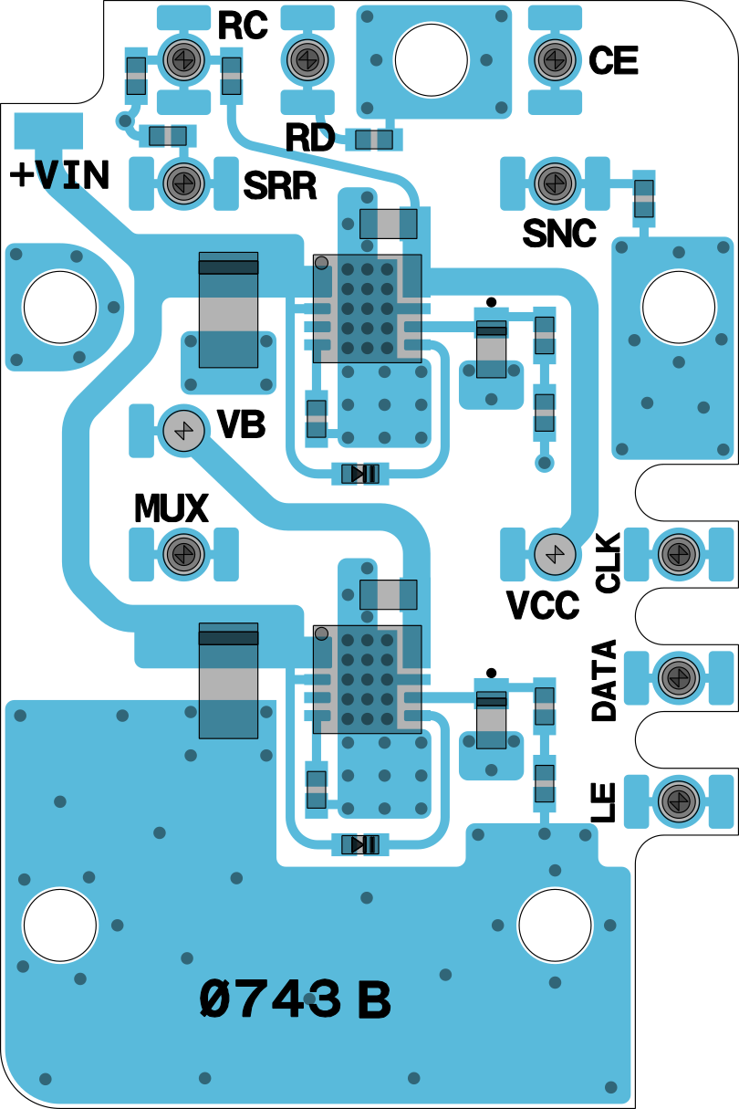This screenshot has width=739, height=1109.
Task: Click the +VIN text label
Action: (60, 174)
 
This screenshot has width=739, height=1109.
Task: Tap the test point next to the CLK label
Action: (677, 552)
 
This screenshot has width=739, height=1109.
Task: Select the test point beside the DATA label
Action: (677, 676)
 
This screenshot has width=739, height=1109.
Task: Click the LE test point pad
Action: (677, 800)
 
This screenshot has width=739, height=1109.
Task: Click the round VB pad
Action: (182, 429)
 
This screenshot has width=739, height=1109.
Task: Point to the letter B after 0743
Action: (373, 1001)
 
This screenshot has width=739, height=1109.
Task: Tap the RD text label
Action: (309, 138)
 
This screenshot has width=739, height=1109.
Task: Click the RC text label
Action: (243, 26)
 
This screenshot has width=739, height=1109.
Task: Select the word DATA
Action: (604, 681)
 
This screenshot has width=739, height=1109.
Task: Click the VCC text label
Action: (544, 605)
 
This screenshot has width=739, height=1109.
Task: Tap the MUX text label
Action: (171, 508)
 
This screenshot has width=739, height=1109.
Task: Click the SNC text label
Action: (559, 234)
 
